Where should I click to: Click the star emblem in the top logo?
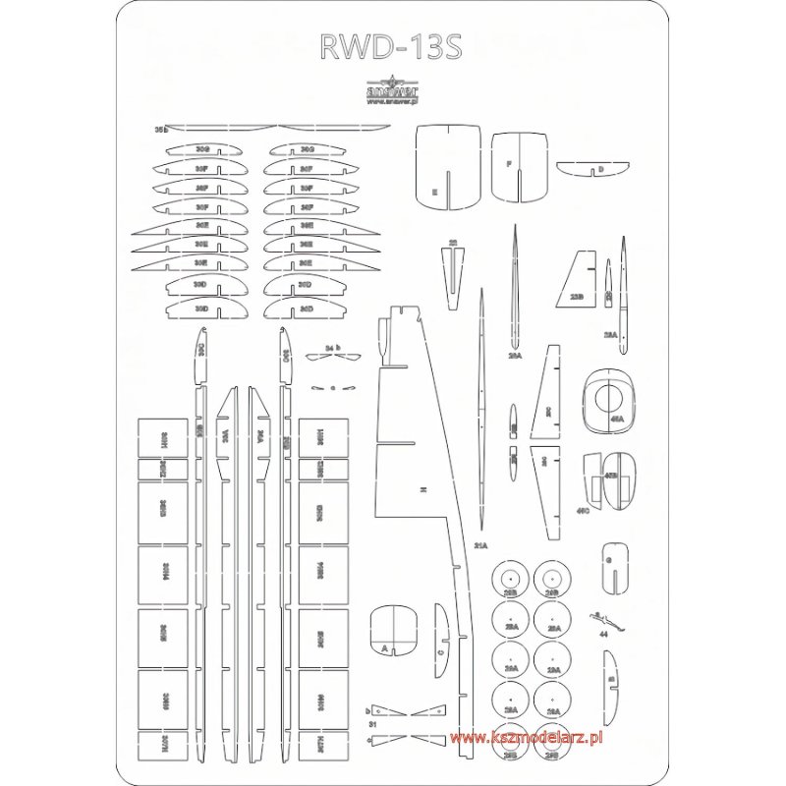point(392,81)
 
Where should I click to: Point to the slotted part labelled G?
point(613,565)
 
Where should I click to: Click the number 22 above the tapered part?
point(452,242)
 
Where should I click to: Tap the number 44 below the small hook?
point(603,635)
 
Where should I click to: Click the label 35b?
point(162,129)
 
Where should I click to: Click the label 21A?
point(480,543)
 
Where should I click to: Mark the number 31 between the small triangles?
point(372,723)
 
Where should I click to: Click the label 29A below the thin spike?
point(515,356)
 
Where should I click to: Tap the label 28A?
point(610,335)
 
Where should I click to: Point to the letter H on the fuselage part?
point(420,488)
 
